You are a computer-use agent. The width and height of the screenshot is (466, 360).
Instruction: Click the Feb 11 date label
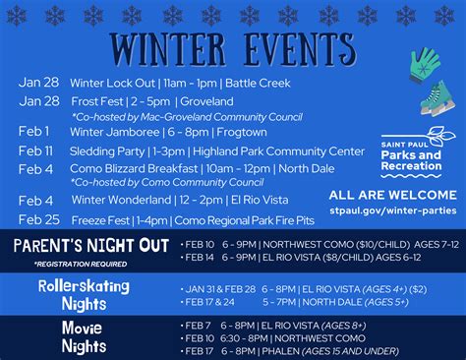(35, 151)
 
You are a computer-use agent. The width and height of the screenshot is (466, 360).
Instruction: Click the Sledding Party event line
(203, 151)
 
